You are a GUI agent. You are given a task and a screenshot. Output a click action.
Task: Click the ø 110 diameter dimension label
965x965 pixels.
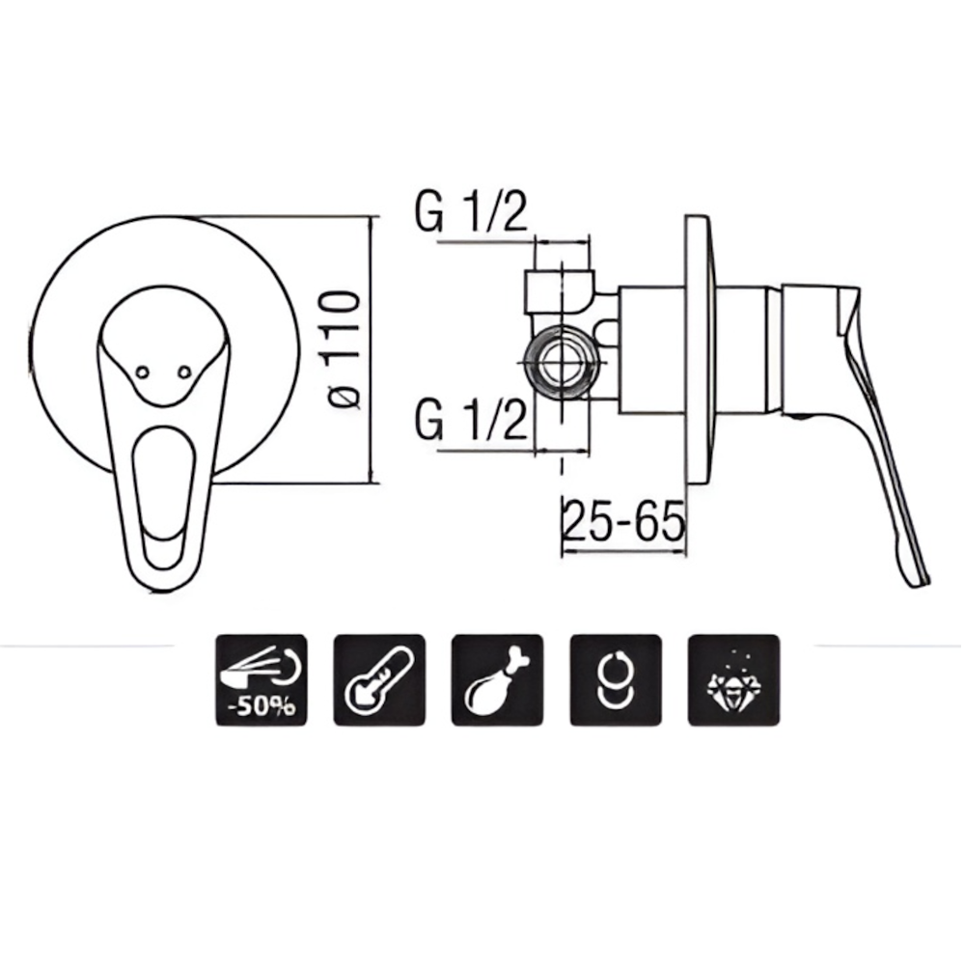point(344,348)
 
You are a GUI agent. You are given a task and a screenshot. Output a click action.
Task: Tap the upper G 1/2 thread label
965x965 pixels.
point(472,211)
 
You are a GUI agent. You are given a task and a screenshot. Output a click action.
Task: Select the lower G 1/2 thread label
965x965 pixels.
point(472,419)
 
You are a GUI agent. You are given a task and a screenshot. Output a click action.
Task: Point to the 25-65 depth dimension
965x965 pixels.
point(622,520)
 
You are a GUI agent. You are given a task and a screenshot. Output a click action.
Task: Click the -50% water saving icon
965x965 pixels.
point(261,680)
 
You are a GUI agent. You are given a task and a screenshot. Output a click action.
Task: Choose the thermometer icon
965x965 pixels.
point(379,680)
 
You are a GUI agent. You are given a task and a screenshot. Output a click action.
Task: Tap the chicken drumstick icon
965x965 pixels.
point(497,680)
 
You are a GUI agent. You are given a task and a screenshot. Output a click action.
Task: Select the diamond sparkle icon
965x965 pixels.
point(733,680)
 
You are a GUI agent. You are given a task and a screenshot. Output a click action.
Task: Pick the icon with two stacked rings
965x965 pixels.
point(616,680)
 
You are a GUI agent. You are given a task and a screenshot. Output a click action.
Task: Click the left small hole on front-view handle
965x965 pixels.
point(142,372)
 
